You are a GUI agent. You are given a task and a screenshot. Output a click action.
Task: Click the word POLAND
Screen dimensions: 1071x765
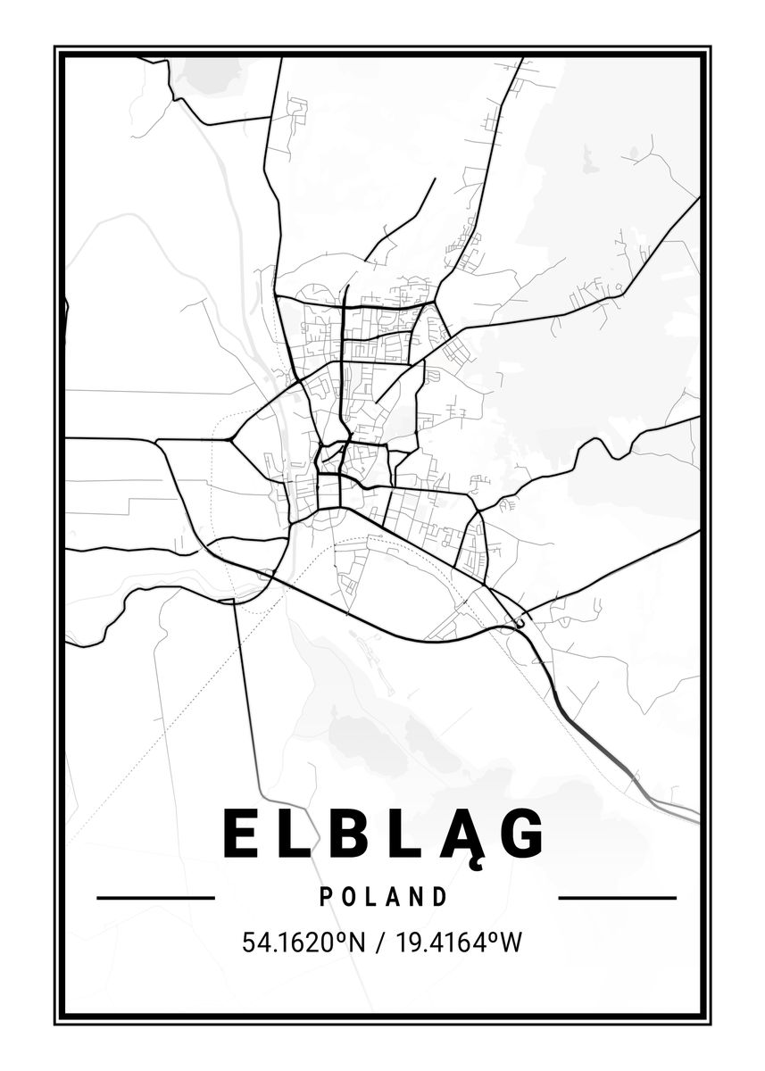pos(383,897)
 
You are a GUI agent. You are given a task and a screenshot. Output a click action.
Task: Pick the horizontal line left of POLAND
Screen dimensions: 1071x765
pos(155,897)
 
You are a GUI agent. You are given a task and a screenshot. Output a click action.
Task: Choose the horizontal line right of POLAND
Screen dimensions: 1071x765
pos(617,897)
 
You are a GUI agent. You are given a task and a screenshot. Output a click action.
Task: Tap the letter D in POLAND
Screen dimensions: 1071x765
pos(439,897)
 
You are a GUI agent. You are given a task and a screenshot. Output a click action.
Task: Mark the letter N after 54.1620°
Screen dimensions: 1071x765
pos(358,942)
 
